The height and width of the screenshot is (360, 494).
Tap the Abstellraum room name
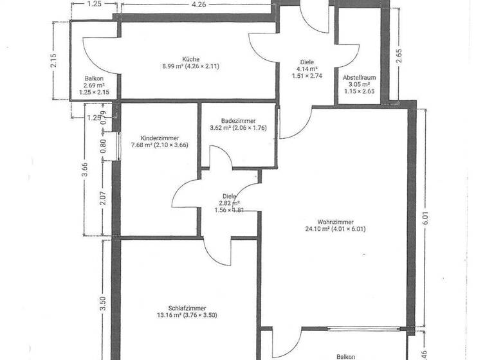pyautogui.click(x=359, y=76)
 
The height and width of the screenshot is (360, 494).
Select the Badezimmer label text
pyautogui.click(x=238, y=120)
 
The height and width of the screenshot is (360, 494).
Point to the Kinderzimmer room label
pyautogui.click(x=160, y=138)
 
